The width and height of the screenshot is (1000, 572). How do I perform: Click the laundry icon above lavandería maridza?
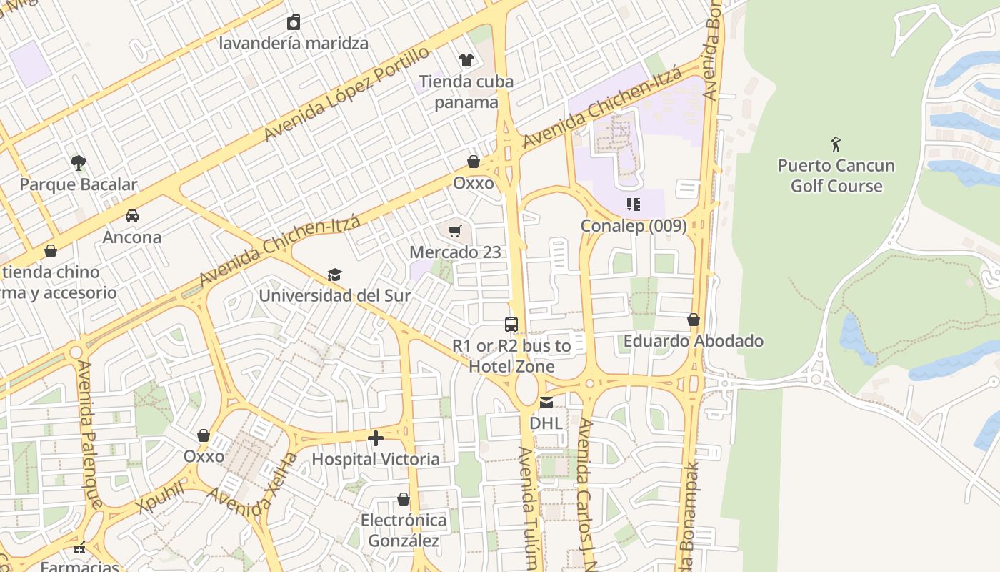click(293, 22)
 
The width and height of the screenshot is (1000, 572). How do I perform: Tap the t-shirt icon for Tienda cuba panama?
click(466, 60)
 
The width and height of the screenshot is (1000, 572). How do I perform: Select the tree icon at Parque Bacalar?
click(79, 163)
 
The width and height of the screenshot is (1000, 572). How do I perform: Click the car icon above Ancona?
click(132, 215)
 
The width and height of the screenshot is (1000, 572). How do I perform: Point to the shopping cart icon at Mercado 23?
click(455, 231)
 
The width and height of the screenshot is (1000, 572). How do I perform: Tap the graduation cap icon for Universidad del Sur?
click(334, 275)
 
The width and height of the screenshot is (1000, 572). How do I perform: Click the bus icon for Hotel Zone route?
click(511, 325)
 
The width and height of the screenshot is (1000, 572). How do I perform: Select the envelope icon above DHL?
click(546, 402)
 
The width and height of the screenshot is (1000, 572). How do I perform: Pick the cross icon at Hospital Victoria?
click(376, 438)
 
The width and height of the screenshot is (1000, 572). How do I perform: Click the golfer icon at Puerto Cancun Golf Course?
click(836, 144)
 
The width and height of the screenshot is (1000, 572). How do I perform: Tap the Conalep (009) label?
click(633, 226)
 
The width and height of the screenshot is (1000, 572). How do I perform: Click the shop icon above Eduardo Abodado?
click(694, 320)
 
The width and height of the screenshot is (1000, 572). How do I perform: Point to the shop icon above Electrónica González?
click(404, 499)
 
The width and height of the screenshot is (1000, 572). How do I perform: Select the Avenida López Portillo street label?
click(347, 93)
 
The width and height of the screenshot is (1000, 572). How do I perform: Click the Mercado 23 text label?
click(455, 252)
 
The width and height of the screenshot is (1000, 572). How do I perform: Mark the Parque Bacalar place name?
click(79, 184)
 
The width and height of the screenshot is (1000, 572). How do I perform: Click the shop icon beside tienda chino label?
click(51, 251)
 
